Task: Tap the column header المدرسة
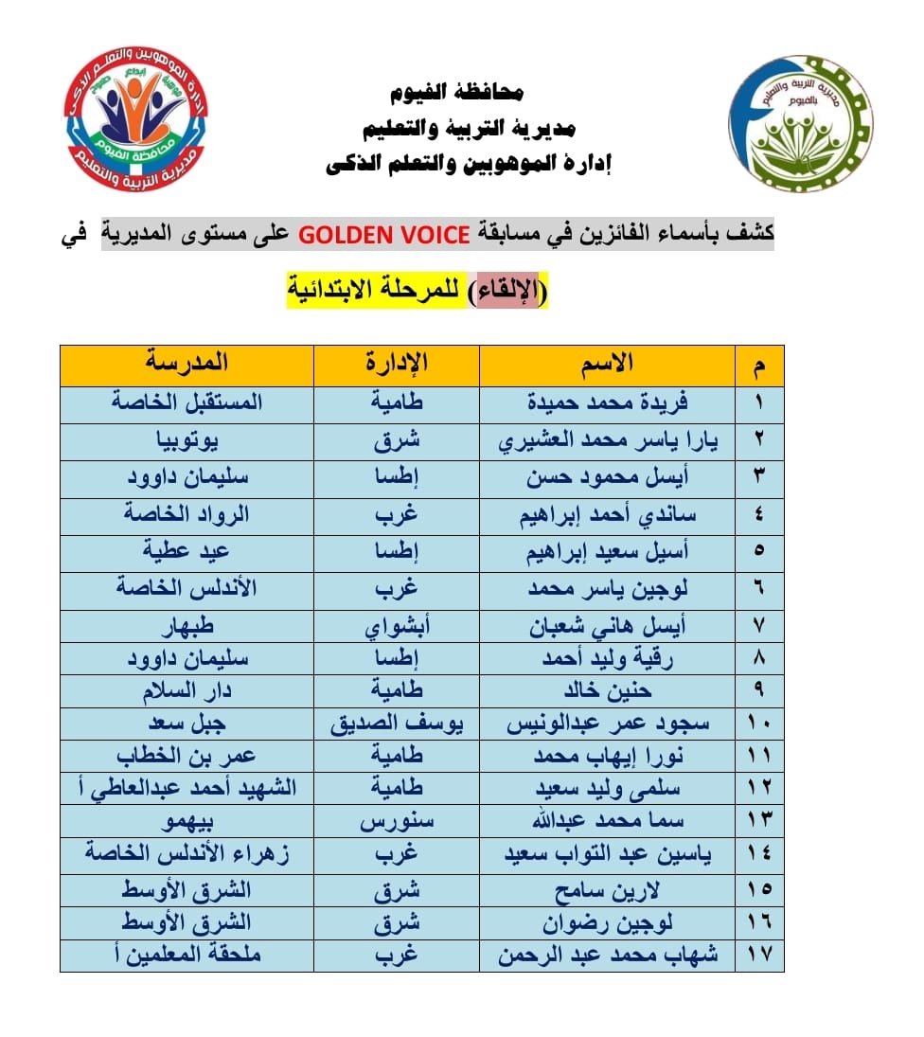pos(187,363)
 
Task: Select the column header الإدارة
pos(397,363)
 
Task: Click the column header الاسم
pos(607,363)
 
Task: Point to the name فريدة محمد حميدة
pos(608,402)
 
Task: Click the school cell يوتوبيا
pos(187,440)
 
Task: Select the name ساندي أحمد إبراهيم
pos(608,515)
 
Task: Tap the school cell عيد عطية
pos(187,552)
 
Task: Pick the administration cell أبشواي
pos(397,626)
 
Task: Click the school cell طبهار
pos(187,626)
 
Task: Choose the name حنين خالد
pos(608,690)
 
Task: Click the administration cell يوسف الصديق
pos(397,724)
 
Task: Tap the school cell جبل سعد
pos(187,724)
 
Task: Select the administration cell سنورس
pos(397,820)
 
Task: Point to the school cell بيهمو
pos(187,820)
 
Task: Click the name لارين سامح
pos(608,890)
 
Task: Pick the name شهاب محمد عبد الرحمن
pos(608,955)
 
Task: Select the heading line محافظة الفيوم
pos(458,94)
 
